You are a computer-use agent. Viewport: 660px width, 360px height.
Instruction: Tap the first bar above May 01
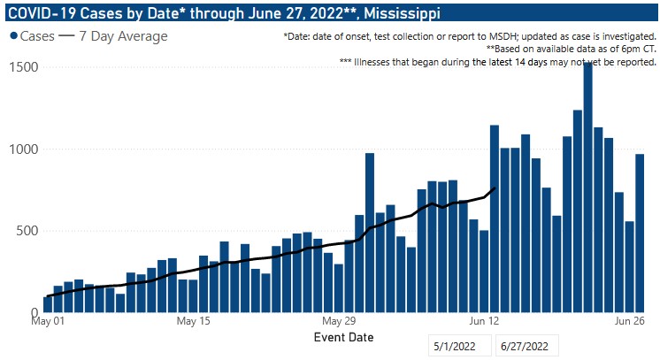[x=48, y=304]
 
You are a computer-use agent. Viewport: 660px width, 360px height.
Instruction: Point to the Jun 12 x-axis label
[x=487, y=321]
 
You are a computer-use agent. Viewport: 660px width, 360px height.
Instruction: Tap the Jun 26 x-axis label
[x=632, y=321]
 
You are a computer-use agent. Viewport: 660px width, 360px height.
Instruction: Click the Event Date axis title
[x=344, y=337]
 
